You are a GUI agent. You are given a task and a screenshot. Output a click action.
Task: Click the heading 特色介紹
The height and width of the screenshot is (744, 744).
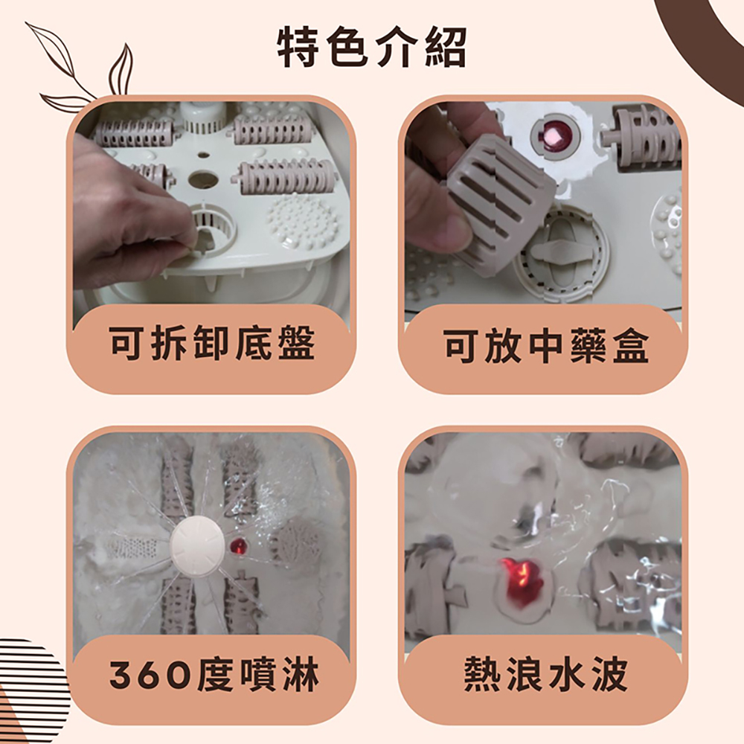pos(372,48)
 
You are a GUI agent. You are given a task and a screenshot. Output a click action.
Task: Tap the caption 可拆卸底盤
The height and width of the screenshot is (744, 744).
pos(211,342)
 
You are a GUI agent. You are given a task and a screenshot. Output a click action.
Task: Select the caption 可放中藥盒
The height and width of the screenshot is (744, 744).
pos(545,345)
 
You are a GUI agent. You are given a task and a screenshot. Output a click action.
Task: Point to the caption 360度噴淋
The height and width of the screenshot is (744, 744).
pos(214,674)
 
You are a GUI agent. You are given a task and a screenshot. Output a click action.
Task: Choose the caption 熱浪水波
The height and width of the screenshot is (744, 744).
pos(545,674)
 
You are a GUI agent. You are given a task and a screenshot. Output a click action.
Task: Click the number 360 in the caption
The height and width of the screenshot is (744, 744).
pos(151,676)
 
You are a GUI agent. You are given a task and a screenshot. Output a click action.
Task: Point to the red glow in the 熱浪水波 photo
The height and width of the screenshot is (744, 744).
pos(521,582)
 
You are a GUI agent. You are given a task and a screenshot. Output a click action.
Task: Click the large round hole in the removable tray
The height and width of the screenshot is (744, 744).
pos(203,179)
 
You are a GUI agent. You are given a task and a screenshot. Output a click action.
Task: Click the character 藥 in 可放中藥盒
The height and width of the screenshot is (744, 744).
pos(588,345)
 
